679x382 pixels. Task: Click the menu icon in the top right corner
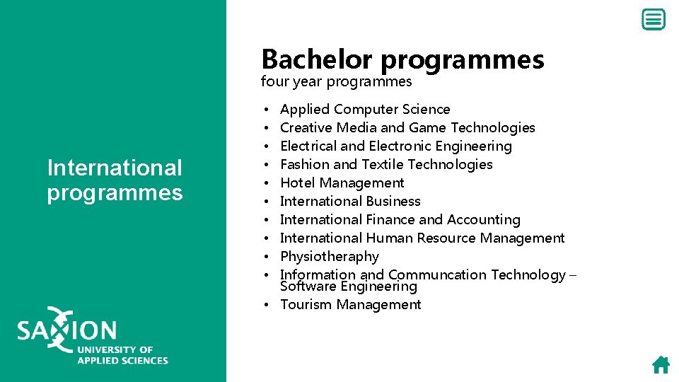(654, 20)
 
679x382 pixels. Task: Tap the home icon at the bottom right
(661, 365)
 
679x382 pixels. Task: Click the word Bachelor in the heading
(318, 59)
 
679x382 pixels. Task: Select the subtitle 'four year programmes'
(336, 81)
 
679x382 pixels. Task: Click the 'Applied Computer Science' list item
(365, 109)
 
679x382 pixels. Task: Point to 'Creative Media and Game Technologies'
(407, 127)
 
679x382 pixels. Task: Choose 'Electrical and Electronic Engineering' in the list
(395, 146)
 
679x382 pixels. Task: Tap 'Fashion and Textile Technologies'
(386, 164)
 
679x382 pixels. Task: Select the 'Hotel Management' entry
(342, 183)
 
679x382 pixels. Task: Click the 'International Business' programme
(350, 201)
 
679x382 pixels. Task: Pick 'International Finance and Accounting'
(400, 219)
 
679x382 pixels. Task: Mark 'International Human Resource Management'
(422, 238)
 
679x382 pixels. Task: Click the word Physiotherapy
(329, 256)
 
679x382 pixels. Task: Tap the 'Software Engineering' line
(348, 286)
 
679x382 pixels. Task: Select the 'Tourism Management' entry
(350, 305)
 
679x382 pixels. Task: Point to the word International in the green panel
(115, 168)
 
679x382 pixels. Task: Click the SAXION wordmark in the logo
(67, 330)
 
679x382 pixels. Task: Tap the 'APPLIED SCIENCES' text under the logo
(122, 360)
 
